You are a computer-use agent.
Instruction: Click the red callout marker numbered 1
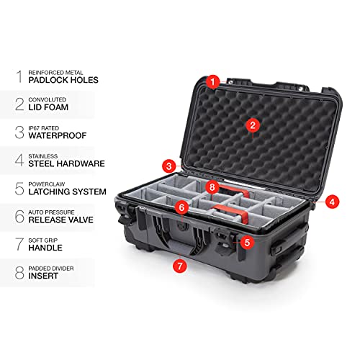(212, 82)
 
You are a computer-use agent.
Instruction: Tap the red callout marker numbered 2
(252, 125)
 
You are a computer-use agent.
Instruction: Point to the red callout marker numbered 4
(333, 202)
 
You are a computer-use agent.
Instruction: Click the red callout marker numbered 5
(246, 243)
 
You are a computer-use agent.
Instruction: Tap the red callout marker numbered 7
(179, 266)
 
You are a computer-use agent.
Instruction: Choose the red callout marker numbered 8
(212, 187)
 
